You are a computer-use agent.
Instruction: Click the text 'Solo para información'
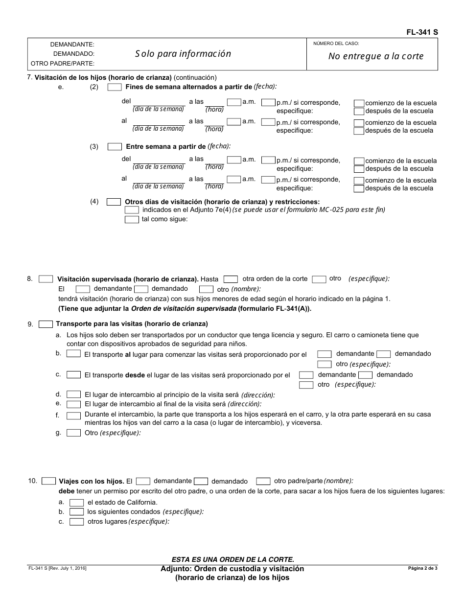pyautogui.click(x=183, y=54)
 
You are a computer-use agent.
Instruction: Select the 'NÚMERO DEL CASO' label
pyautogui.click(x=336, y=44)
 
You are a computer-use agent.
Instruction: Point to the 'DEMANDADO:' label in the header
pyautogui.click(x=74, y=54)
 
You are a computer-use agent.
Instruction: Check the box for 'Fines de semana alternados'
pyautogui.click(x=115, y=87)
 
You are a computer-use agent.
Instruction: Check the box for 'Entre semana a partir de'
pyautogui.click(x=115, y=146)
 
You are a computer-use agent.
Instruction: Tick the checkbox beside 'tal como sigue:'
pyautogui.click(x=132, y=219)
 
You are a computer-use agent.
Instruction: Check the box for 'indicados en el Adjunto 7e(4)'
pyautogui.click(x=132, y=209)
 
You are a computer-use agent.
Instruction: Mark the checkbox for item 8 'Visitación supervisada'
pyautogui.click(x=46, y=279)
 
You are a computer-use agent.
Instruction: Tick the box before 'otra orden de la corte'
pyautogui.click(x=231, y=279)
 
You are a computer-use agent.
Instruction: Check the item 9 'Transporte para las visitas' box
pyautogui.click(x=46, y=324)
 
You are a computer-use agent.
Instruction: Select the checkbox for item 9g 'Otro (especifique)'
pyautogui.click(x=74, y=433)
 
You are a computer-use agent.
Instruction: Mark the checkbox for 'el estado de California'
pyautogui.click(x=76, y=502)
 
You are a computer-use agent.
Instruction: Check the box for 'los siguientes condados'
pyautogui.click(x=76, y=511)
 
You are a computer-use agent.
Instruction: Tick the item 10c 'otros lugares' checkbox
pyautogui.click(x=76, y=522)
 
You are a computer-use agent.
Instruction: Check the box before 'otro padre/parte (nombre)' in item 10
pyautogui.click(x=263, y=481)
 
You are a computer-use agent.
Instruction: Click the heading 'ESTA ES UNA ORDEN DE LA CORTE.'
pyautogui.click(x=232, y=559)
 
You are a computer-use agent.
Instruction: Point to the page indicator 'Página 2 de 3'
pyautogui.click(x=423, y=568)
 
